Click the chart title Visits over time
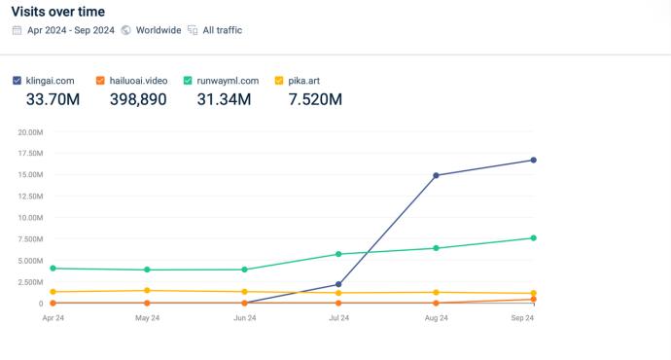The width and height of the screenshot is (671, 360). [x=58, y=12]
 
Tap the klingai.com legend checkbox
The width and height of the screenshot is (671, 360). [x=18, y=81]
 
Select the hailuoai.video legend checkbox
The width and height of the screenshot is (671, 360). [x=100, y=81]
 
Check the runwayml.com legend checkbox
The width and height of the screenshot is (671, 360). [x=188, y=81]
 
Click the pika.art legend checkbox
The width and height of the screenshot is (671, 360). [x=279, y=81]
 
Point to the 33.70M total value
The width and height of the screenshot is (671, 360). [x=53, y=99]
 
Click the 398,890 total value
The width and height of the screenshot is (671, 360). [x=138, y=99]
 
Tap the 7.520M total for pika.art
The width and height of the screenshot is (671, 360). [x=315, y=99]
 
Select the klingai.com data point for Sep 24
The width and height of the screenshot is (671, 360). [x=534, y=161]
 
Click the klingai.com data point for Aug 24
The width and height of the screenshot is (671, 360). [x=436, y=175]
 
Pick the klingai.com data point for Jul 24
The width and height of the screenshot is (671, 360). [x=338, y=284]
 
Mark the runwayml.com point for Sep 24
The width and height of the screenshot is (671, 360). [x=534, y=238]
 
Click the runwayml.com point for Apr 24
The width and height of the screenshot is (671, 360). [x=53, y=269]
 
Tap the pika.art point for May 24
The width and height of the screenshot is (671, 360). [x=147, y=291]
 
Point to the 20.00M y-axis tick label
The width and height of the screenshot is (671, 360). [x=30, y=132]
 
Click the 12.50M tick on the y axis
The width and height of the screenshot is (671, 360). [x=30, y=196]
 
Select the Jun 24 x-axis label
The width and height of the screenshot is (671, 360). [x=245, y=317]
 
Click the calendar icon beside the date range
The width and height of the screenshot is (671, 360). [x=17, y=30]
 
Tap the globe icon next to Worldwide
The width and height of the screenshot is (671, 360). [x=125, y=30]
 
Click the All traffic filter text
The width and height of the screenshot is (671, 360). [x=223, y=30]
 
